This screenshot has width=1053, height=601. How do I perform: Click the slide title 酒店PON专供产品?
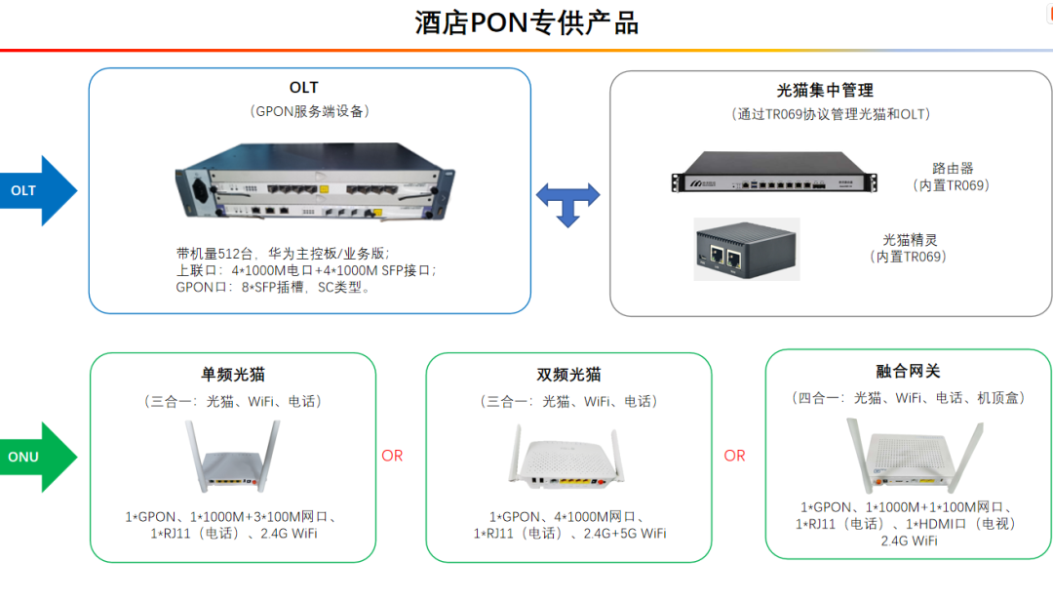pyautogui.click(x=526, y=22)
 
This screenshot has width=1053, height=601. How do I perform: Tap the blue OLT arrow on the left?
pyautogui.click(x=39, y=191)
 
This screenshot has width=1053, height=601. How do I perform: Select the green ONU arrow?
pyautogui.click(x=39, y=458)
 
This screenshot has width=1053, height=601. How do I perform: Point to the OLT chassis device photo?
pyautogui.click(x=314, y=180)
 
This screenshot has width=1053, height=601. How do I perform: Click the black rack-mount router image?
pyautogui.click(x=774, y=172)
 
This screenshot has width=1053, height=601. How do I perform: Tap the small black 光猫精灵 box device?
pyautogui.click(x=747, y=249)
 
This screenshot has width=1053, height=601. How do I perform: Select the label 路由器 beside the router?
pyautogui.click(x=953, y=168)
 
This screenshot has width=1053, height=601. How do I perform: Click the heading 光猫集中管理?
pyautogui.click(x=825, y=91)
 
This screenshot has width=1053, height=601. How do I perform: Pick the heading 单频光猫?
pyautogui.click(x=233, y=375)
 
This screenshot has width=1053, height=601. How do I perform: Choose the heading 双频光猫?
pyautogui.click(x=568, y=375)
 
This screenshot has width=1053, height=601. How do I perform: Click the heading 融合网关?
pyautogui.click(x=908, y=371)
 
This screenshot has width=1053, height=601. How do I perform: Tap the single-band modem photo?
pyautogui.click(x=232, y=457)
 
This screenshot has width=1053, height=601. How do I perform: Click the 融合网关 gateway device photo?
pyautogui.click(x=916, y=455)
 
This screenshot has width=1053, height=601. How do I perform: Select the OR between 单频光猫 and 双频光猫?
pyautogui.click(x=392, y=456)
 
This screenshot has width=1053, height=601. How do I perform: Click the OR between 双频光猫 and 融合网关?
pyautogui.click(x=735, y=456)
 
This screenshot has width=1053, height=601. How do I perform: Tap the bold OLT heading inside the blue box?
pyautogui.click(x=303, y=88)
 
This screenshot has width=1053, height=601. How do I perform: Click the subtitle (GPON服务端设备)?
pyautogui.click(x=310, y=111)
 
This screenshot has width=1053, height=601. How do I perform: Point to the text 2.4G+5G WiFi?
pyautogui.click(x=625, y=534)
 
